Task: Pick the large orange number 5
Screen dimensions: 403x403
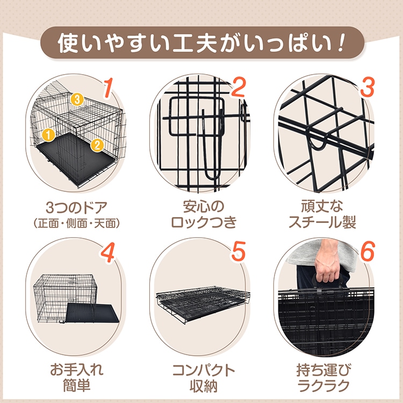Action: [x=238, y=253]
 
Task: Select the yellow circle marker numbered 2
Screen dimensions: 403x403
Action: [x=97, y=143]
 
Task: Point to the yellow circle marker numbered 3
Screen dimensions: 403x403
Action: [x=77, y=99]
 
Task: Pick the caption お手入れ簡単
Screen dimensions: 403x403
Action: [x=75, y=377]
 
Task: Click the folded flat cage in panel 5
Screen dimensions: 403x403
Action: [x=202, y=304]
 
